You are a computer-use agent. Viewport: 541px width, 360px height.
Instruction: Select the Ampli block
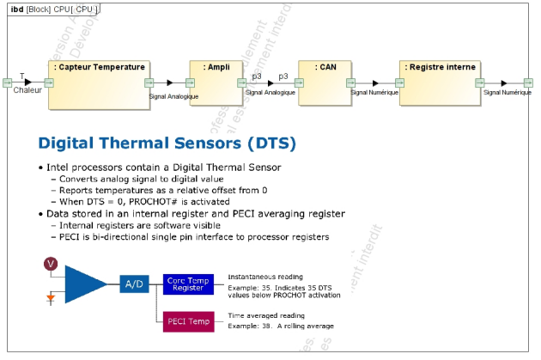tap(216, 83)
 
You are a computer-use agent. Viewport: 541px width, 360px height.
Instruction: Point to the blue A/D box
tap(134, 284)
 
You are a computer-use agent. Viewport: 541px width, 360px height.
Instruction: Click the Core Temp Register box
tap(188, 283)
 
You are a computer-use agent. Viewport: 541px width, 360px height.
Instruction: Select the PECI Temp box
tap(188, 321)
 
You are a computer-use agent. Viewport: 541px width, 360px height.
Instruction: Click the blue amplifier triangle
tap(82, 283)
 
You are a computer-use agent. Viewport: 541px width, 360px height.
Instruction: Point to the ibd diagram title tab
tap(51, 9)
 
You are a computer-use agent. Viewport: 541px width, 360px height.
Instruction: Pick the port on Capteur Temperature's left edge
tap(49, 82)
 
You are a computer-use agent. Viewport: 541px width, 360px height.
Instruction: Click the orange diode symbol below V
tap(51, 297)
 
